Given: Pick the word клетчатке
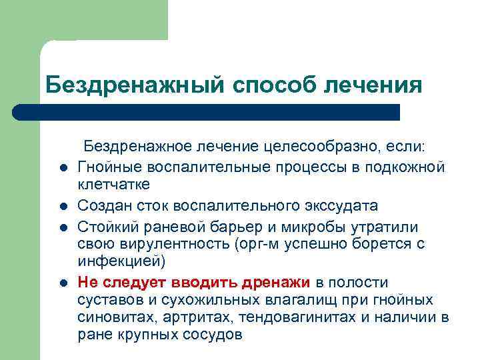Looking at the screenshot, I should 113,183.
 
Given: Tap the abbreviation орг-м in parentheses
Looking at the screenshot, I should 250,244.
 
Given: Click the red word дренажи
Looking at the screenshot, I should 277,282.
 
